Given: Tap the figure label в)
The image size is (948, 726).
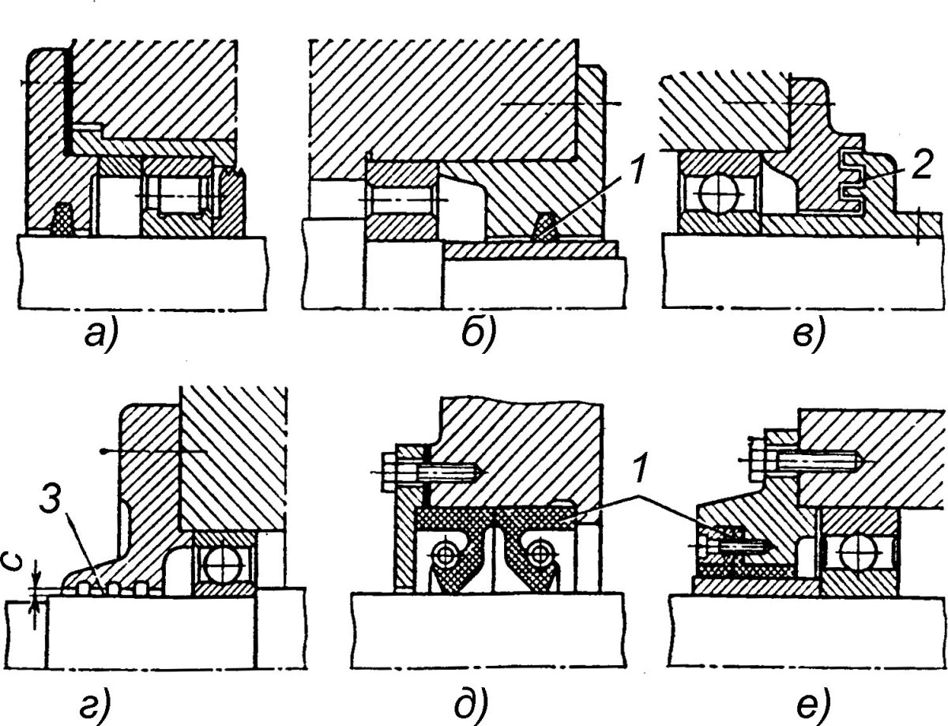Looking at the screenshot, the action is coord(809,337).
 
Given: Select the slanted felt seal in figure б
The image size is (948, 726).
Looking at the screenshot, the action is coord(545,226).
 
